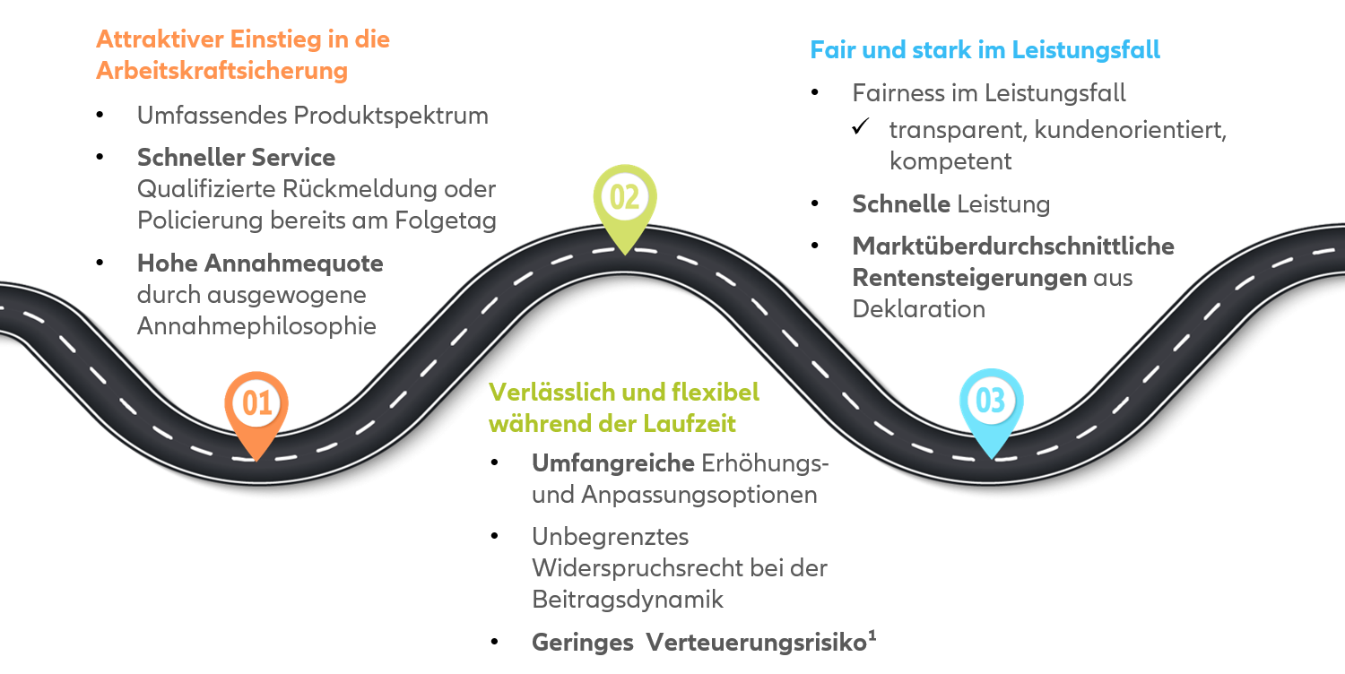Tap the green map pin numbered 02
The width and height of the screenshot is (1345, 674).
pos(625,200)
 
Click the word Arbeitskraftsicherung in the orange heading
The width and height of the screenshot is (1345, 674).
pos(221,71)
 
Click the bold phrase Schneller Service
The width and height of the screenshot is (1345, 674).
pos(236,158)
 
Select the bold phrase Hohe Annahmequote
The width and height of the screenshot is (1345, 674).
pos(260,264)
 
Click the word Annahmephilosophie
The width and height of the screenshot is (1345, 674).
pos(256,326)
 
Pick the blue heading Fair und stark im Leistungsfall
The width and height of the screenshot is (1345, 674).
pos(985,49)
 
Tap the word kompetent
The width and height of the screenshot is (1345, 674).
pos(950,161)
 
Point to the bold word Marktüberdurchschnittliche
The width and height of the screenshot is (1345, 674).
pos(1013,246)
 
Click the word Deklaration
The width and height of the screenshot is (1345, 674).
pos(918,309)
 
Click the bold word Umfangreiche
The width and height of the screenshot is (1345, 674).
pos(613,464)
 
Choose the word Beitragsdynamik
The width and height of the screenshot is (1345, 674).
pos(628,600)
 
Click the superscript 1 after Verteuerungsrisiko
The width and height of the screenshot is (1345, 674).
pos(872,636)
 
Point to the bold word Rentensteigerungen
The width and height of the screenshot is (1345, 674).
pos(969,278)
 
